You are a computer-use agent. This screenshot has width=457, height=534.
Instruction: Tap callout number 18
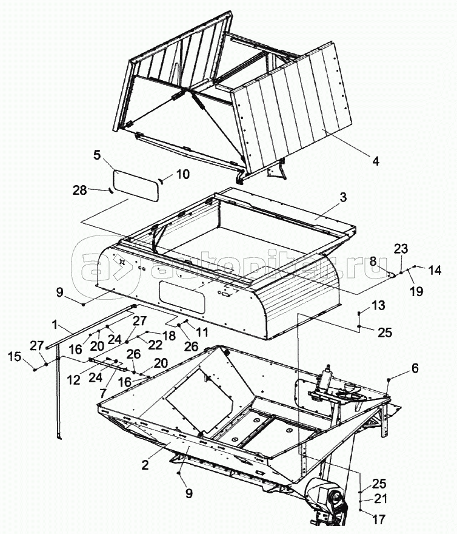click(168, 334)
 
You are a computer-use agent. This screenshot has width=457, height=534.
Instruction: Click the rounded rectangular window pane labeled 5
click(136, 184)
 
